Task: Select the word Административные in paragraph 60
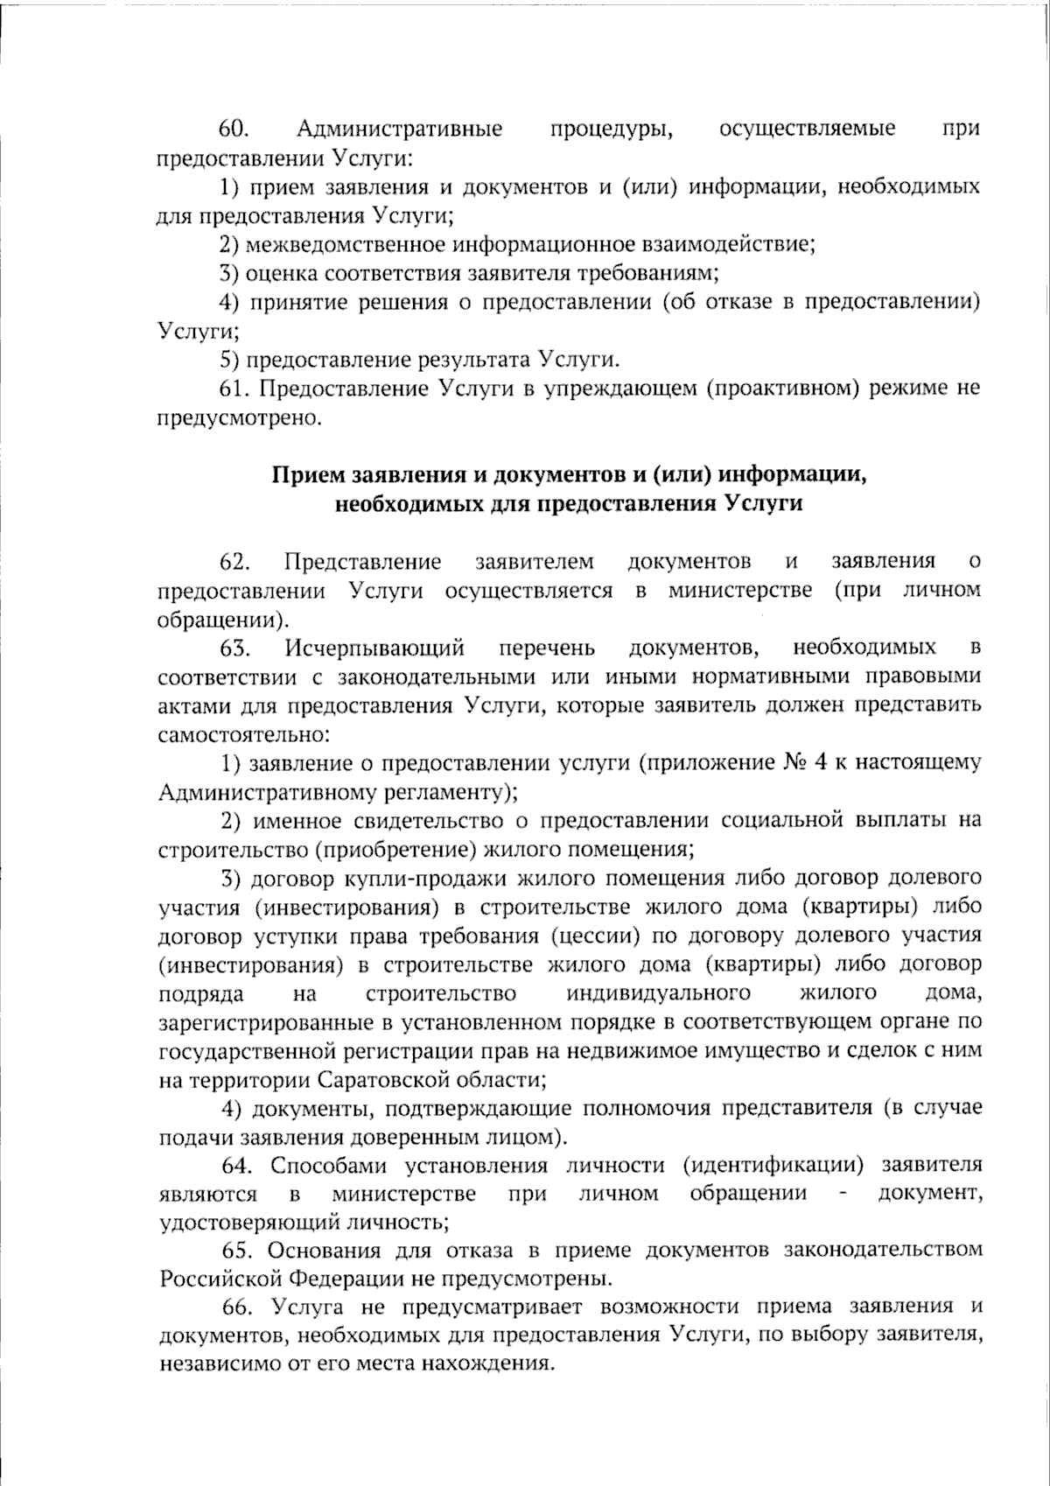400,129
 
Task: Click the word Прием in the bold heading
308,474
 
